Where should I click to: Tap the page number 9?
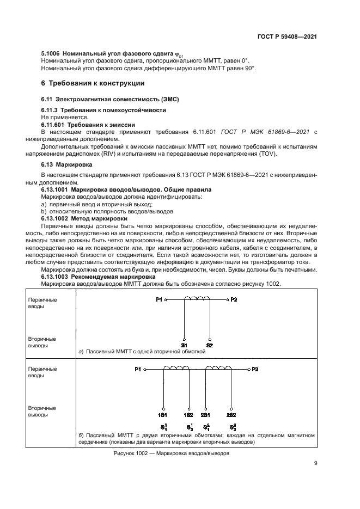click(316, 463)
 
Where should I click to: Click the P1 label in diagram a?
click(159, 299)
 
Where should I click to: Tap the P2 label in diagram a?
click(234, 299)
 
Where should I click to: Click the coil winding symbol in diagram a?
click(197, 298)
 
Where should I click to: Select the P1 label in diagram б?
click(138, 370)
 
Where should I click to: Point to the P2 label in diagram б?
click(255, 370)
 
